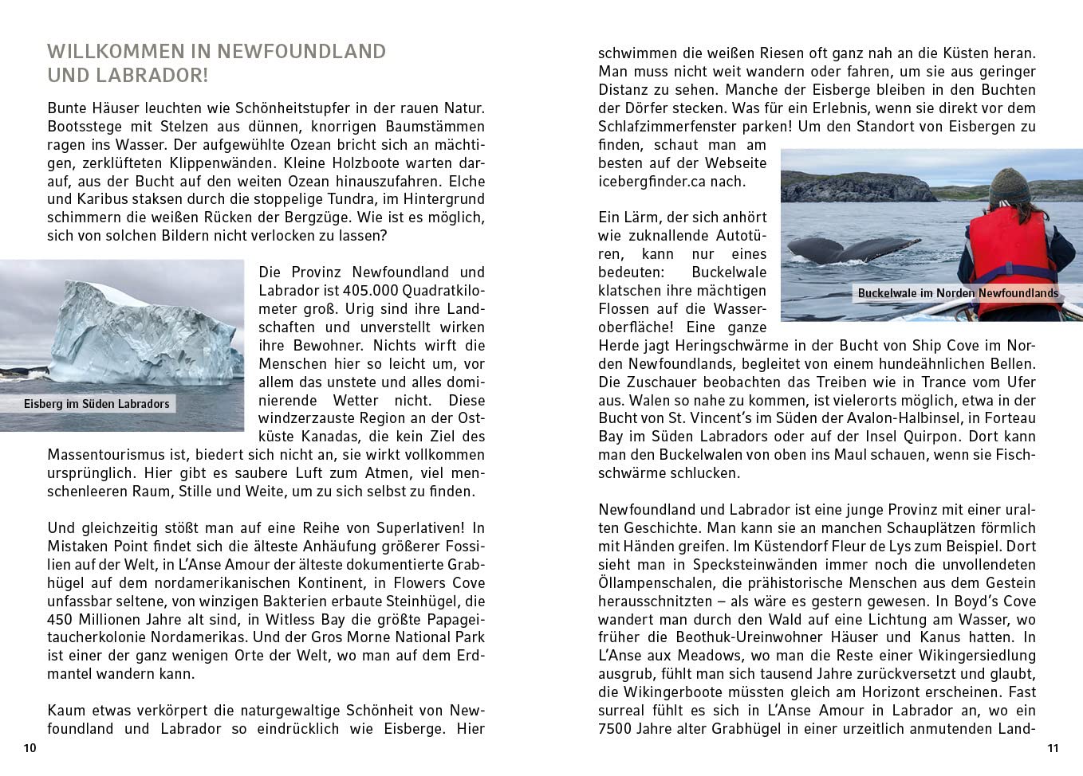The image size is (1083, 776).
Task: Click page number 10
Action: [x=30, y=748]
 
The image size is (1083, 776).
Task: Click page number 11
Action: [x=1052, y=748]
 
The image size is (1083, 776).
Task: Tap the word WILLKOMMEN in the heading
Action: [x=115, y=52]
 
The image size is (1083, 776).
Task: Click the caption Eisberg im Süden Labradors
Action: [x=96, y=404]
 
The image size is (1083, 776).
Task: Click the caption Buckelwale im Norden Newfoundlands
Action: [x=958, y=293]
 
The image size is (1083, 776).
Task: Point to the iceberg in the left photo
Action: [x=136, y=335]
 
